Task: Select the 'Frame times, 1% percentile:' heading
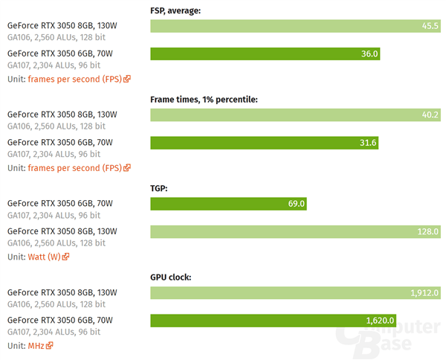click(x=204, y=100)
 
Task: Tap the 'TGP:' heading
click(x=159, y=188)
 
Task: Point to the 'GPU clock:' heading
click(x=171, y=277)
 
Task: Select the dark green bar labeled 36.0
click(x=265, y=54)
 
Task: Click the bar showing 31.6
click(x=264, y=143)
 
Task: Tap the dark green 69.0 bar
click(x=228, y=203)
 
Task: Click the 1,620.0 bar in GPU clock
click(x=273, y=321)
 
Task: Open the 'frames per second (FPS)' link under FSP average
click(x=74, y=79)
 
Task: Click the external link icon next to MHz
click(x=50, y=346)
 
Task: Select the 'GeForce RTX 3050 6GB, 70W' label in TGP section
click(x=60, y=202)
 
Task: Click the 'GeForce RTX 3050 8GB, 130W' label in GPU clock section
click(x=62, y=292)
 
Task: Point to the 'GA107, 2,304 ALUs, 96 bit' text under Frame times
click(x=54, y=154)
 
